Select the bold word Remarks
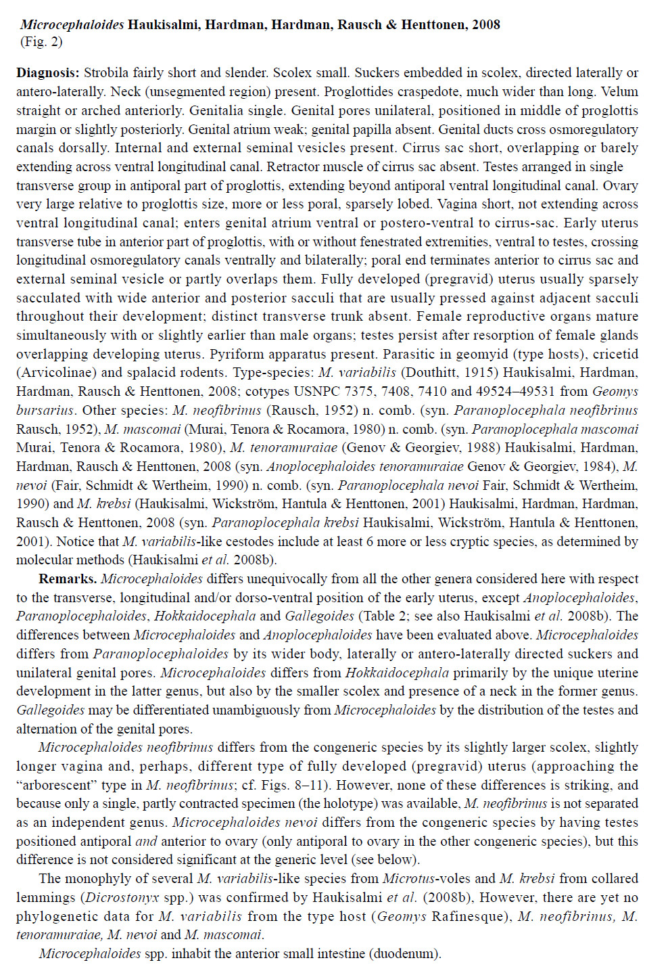point(68,579)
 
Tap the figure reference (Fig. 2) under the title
point(41,42)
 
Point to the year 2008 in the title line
point(486,25)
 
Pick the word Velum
point(620,92)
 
